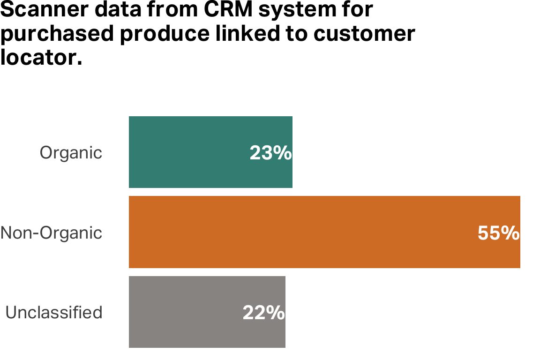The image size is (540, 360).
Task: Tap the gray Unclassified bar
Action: pyautogui.click(x=187, y=312)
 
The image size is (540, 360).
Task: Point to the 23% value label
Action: pyautogui.click(x=270, y=153)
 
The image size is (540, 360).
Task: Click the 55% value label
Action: pyautogui.click(x=498, y=233)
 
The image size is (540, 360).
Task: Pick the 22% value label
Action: pyautogui.click(x=263, y=313)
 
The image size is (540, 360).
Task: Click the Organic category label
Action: pyautogui.click(x=71, y=153)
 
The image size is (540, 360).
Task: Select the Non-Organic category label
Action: pyautogui.click(x=51, y=232)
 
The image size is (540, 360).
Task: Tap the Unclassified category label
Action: pyautogui.click(x=54, y=312)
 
